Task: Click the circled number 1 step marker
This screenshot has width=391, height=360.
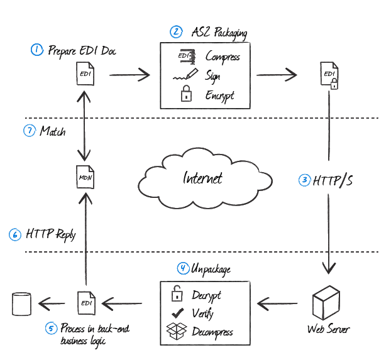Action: coord(37,50)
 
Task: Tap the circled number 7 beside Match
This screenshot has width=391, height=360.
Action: coord(29,131)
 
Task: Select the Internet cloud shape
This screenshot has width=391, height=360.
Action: coord(204,177)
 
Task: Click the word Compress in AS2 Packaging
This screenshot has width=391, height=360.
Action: coord(223,57)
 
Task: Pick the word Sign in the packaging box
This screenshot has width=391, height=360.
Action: coord(212,76)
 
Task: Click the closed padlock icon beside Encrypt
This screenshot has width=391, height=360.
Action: coord(185,95)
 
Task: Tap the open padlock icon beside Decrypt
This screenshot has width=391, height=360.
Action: coord(178,293)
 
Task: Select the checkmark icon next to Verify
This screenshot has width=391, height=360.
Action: coord(178,313)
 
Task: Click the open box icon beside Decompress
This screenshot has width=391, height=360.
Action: coord(177,331)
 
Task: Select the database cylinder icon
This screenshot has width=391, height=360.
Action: coord(21,304)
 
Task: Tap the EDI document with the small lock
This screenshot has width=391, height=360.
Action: coord(329,76)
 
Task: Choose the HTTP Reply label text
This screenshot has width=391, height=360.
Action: coord(50,234)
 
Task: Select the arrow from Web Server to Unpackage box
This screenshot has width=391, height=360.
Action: coord(280,305)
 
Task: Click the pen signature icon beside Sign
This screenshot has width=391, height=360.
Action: coord(185,76)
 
